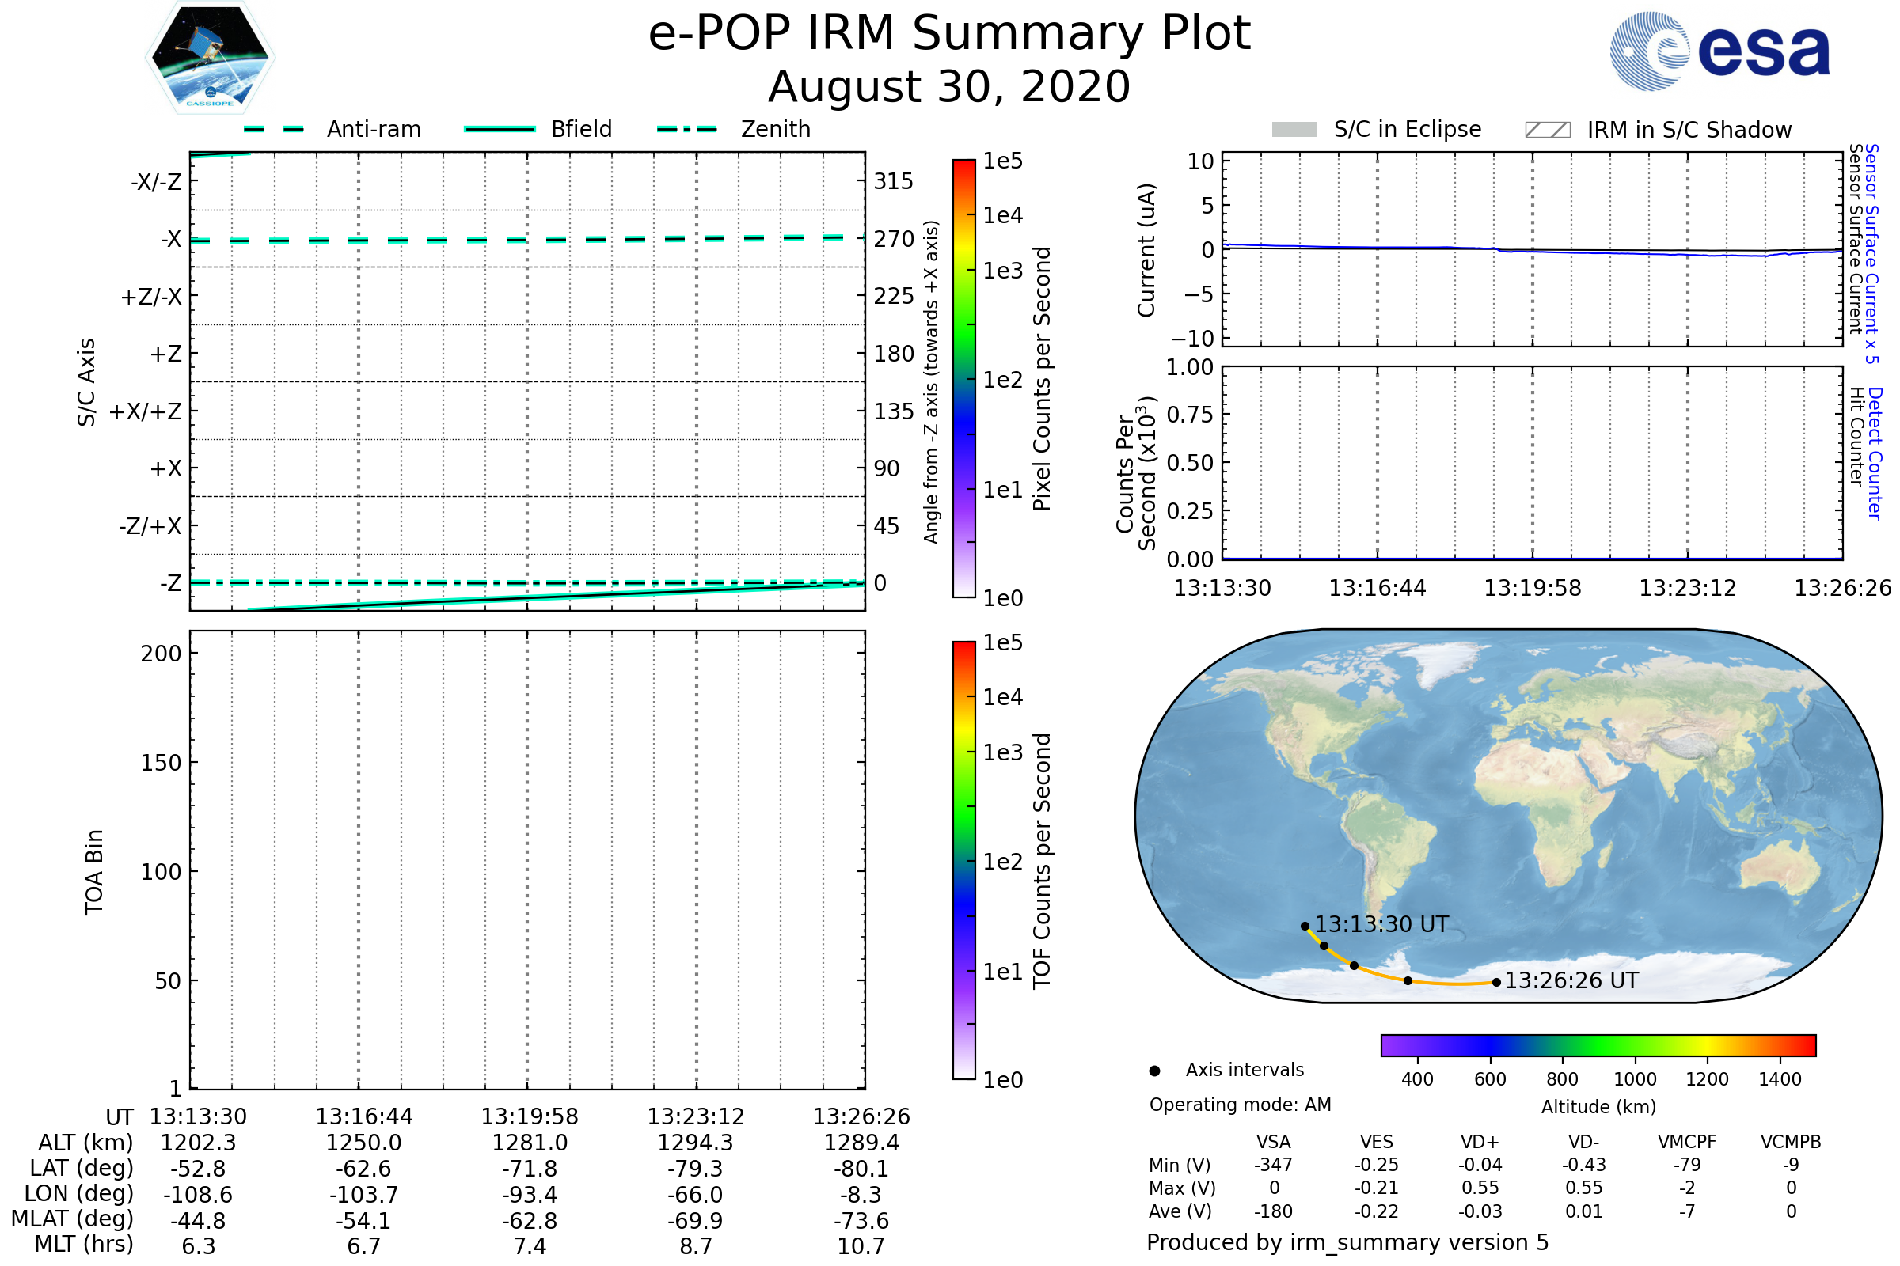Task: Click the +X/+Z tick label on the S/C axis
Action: coord(146,411)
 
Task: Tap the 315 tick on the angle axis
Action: coord(893,181)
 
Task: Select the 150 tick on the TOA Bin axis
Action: coord(161,763)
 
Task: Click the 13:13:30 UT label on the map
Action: coord(1381,924)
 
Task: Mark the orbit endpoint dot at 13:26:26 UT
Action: coord(1497,983)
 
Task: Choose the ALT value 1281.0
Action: coord(530,1143)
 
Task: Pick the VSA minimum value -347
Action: coord(1273,1165)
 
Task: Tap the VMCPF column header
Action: coord(1687,1142)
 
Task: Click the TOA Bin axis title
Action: coord(93,872)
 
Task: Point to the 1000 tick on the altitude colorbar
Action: coord(1635,1079)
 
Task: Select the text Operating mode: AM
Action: coord(1240,1105)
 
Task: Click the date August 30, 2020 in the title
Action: coord(949,86)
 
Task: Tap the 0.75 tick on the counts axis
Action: coord(1190,414)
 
